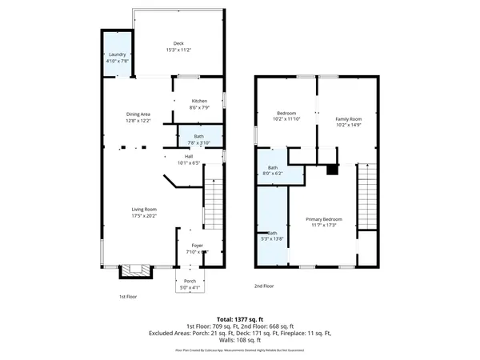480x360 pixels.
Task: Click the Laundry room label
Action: [x=117, y=55]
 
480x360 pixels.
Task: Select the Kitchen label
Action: [x=199, y=101]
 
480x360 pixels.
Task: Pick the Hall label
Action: [x=189, y=157]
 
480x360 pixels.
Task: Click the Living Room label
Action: [x=144, y=210]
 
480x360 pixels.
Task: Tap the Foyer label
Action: [x=196, y=246]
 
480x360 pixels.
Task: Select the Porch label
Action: [x=190, y=281]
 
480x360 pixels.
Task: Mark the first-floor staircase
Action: [x=213, y=205]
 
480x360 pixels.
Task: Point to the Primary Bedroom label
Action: [x=327, y=219]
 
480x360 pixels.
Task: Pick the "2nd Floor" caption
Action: [x=264, y=286]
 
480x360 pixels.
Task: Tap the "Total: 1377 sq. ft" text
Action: [x=239, y=319]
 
